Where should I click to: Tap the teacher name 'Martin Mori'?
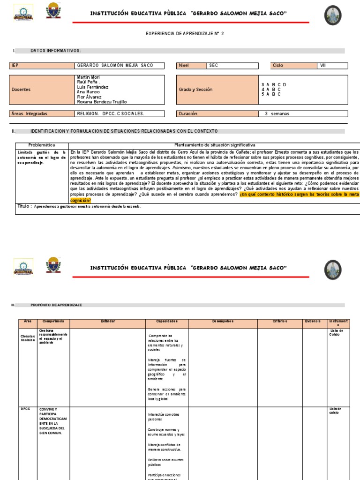point(89,77)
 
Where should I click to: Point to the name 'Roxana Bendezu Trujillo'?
point(102,102)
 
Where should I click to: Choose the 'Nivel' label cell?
point(191,66)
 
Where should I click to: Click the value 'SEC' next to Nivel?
point(214,66)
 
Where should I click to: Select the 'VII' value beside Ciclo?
point(322,66)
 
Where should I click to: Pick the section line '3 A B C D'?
point(273,84)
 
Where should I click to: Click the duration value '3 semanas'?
point(277,113)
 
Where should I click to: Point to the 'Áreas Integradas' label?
point(29,113)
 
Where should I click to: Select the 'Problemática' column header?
point(42,145)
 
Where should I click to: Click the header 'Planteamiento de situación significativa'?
point(215,145)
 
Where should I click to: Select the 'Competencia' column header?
point(53,321)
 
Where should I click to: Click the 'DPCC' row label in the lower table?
point(25,409)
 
